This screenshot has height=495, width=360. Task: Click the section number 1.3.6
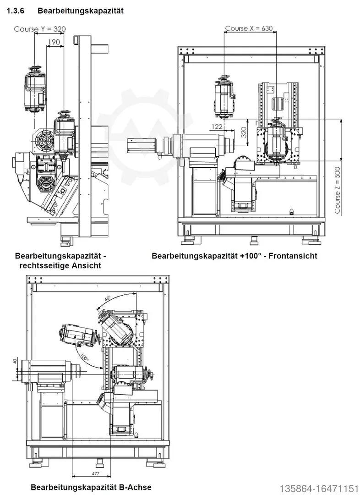click(16, 11)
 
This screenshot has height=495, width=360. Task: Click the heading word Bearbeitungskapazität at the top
click(81, 11)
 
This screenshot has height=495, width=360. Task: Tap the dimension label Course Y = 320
click(40, 29)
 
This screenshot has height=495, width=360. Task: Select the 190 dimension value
click(54, 42)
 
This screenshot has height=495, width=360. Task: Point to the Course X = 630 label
click(249, 28)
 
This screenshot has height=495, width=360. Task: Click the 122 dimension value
click(217, 126)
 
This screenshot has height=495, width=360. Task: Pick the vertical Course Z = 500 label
click(338, 190)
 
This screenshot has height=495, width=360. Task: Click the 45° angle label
click(108, 298)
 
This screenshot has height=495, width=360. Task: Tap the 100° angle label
click(84, 357)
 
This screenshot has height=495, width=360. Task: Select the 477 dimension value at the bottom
click(96, 474)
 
